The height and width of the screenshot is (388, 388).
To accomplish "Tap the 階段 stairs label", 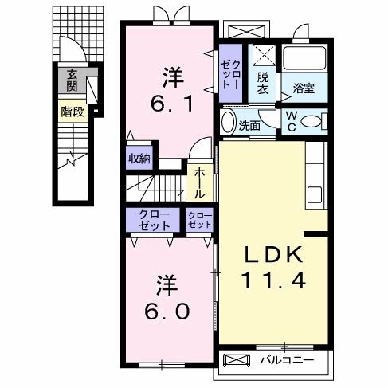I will pyautogui.click(x=73, y=112).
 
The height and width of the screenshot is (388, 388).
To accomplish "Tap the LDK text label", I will pyautogui.click(x=274, y=255).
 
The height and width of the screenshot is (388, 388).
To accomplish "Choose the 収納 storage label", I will pyautogui.click(x=138, y=158).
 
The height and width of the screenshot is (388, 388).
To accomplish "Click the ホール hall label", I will pyautogui.click(x=199, y=182).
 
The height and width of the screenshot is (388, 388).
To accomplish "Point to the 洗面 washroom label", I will pyautogui.click(x=250, y=125).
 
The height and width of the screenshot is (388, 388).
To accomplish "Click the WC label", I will pyautogui.click(x=291, y=121).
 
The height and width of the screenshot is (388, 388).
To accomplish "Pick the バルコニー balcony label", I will pyautogui.click(x=284, y=361).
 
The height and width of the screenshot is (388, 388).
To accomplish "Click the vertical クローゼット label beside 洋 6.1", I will pyautogui.click(x=231, y=73).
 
